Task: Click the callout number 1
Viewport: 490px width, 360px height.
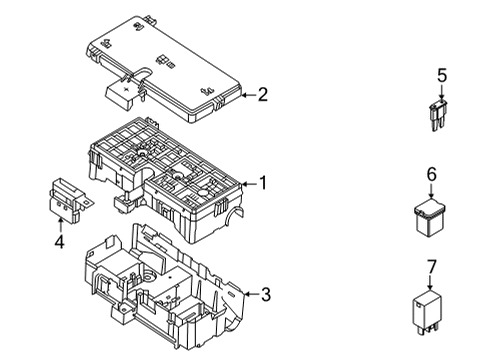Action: (263, 183)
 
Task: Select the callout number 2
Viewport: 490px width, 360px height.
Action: (263, 96)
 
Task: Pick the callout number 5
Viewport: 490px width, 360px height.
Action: (440, 75)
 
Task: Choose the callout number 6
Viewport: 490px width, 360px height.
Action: (433, 174)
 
